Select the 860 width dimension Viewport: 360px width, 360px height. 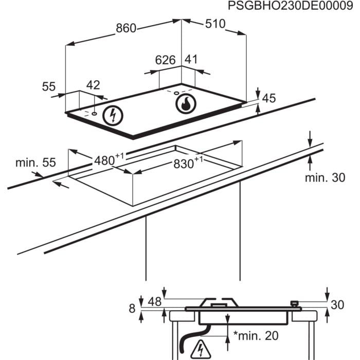point(126,28)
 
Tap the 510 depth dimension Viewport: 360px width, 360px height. point(215,24)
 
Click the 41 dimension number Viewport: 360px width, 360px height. point(191,60)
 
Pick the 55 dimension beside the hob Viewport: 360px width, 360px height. point(49,87)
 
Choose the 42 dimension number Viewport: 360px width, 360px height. point(93,85)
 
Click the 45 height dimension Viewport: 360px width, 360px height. point(269,98)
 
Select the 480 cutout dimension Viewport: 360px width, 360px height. point(106,160)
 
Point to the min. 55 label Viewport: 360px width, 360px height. point(35,163)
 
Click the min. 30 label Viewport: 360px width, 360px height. point(325,178)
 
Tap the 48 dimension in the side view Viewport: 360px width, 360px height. point(155,302)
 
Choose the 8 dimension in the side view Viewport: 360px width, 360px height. point(132,309)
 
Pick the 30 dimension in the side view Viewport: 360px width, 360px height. point(337,305)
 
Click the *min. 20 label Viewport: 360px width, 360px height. point(256,337)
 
